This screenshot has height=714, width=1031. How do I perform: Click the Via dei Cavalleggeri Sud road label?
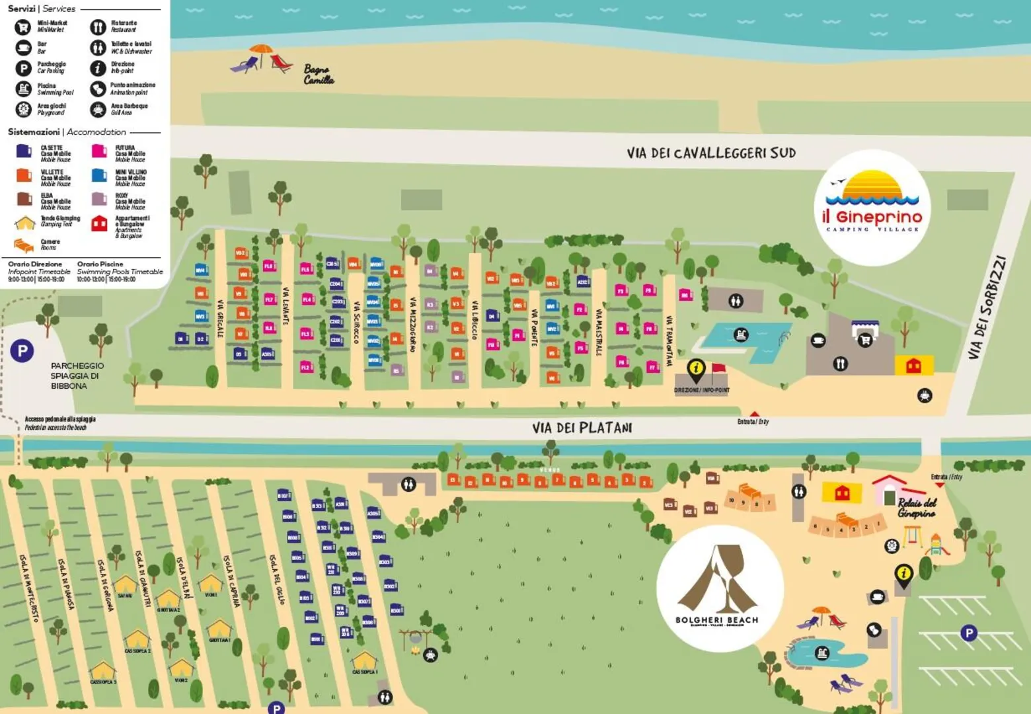710,153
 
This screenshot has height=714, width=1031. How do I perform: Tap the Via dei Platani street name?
582,428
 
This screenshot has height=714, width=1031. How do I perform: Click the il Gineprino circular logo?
872,207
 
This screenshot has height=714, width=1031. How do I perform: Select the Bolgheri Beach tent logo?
720,588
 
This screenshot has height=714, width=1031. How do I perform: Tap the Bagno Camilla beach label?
319,75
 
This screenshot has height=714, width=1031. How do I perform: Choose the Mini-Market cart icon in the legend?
23,27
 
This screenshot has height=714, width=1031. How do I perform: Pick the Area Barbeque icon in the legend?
98,109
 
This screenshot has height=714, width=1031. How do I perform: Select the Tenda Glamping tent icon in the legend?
24,223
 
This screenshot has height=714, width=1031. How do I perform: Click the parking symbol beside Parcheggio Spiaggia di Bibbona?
22,350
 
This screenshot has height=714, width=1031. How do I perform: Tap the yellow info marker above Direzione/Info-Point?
696,368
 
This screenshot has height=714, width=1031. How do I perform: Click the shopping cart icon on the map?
864,340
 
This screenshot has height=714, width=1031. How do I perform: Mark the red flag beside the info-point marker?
718,369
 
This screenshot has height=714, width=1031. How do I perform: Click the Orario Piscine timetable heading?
100,264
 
